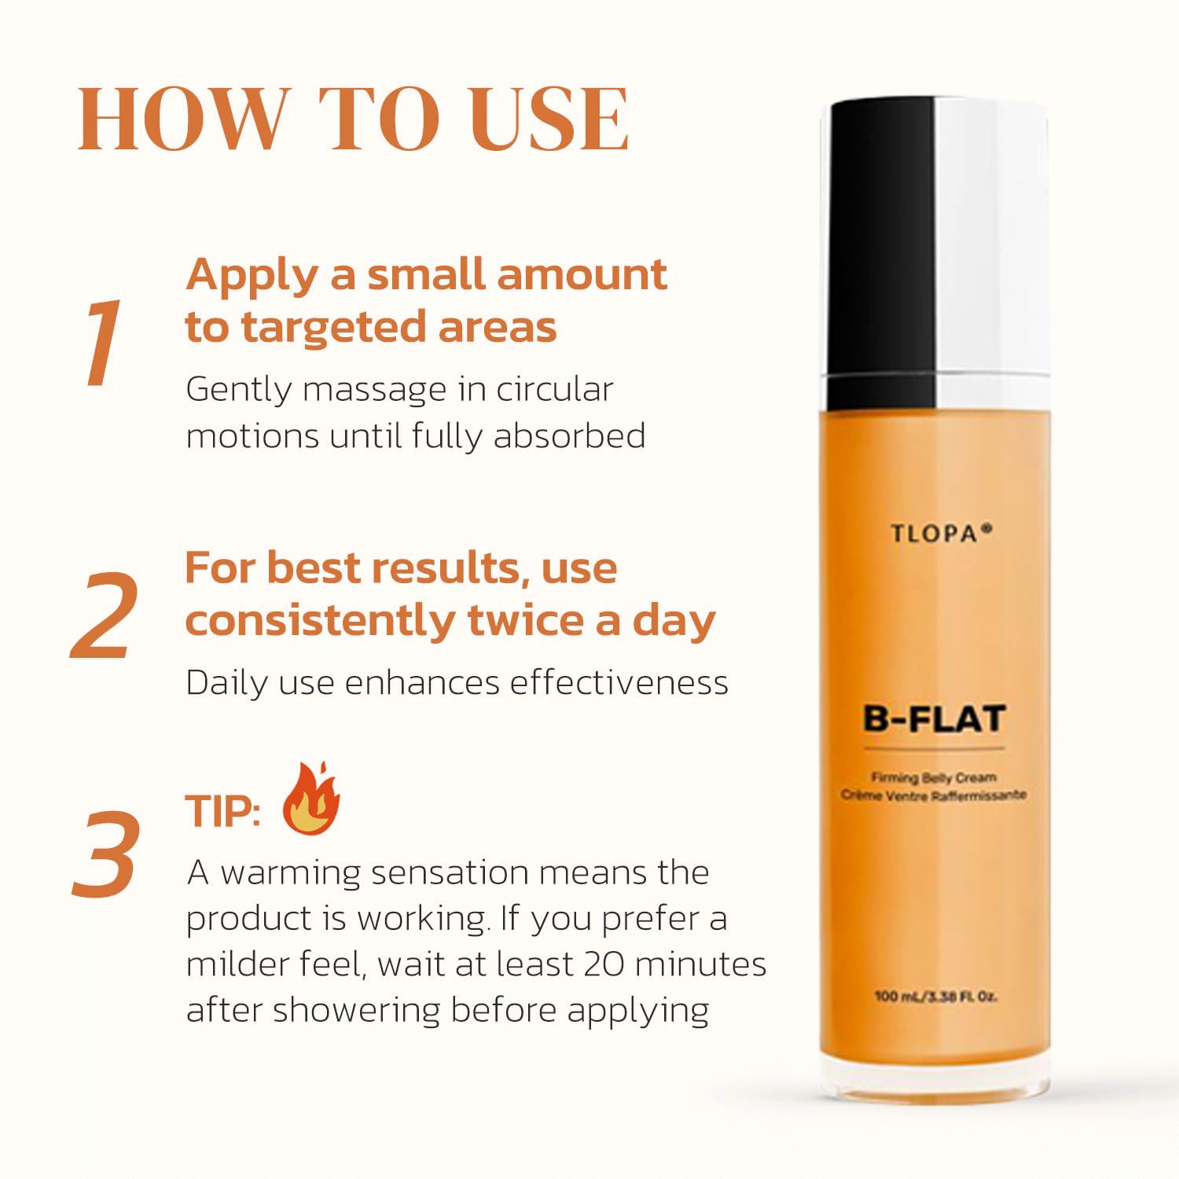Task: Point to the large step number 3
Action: pyautogui.click(x=106, y=854)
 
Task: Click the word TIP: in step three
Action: pyautogui.click(x=223, y=811)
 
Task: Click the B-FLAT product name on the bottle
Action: pyautogui.click(x=935, y=718)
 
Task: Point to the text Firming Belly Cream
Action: pyautogui.click(x=933, y=777)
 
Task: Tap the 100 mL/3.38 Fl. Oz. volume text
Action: pyautogui.click(x=935, y=997)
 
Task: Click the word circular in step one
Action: pyautogui.click(x=555, y=389)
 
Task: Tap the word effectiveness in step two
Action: pyautogui.click(x=619, y=682)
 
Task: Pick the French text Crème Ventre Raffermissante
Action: pyautogui.click(x=934, y=795)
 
